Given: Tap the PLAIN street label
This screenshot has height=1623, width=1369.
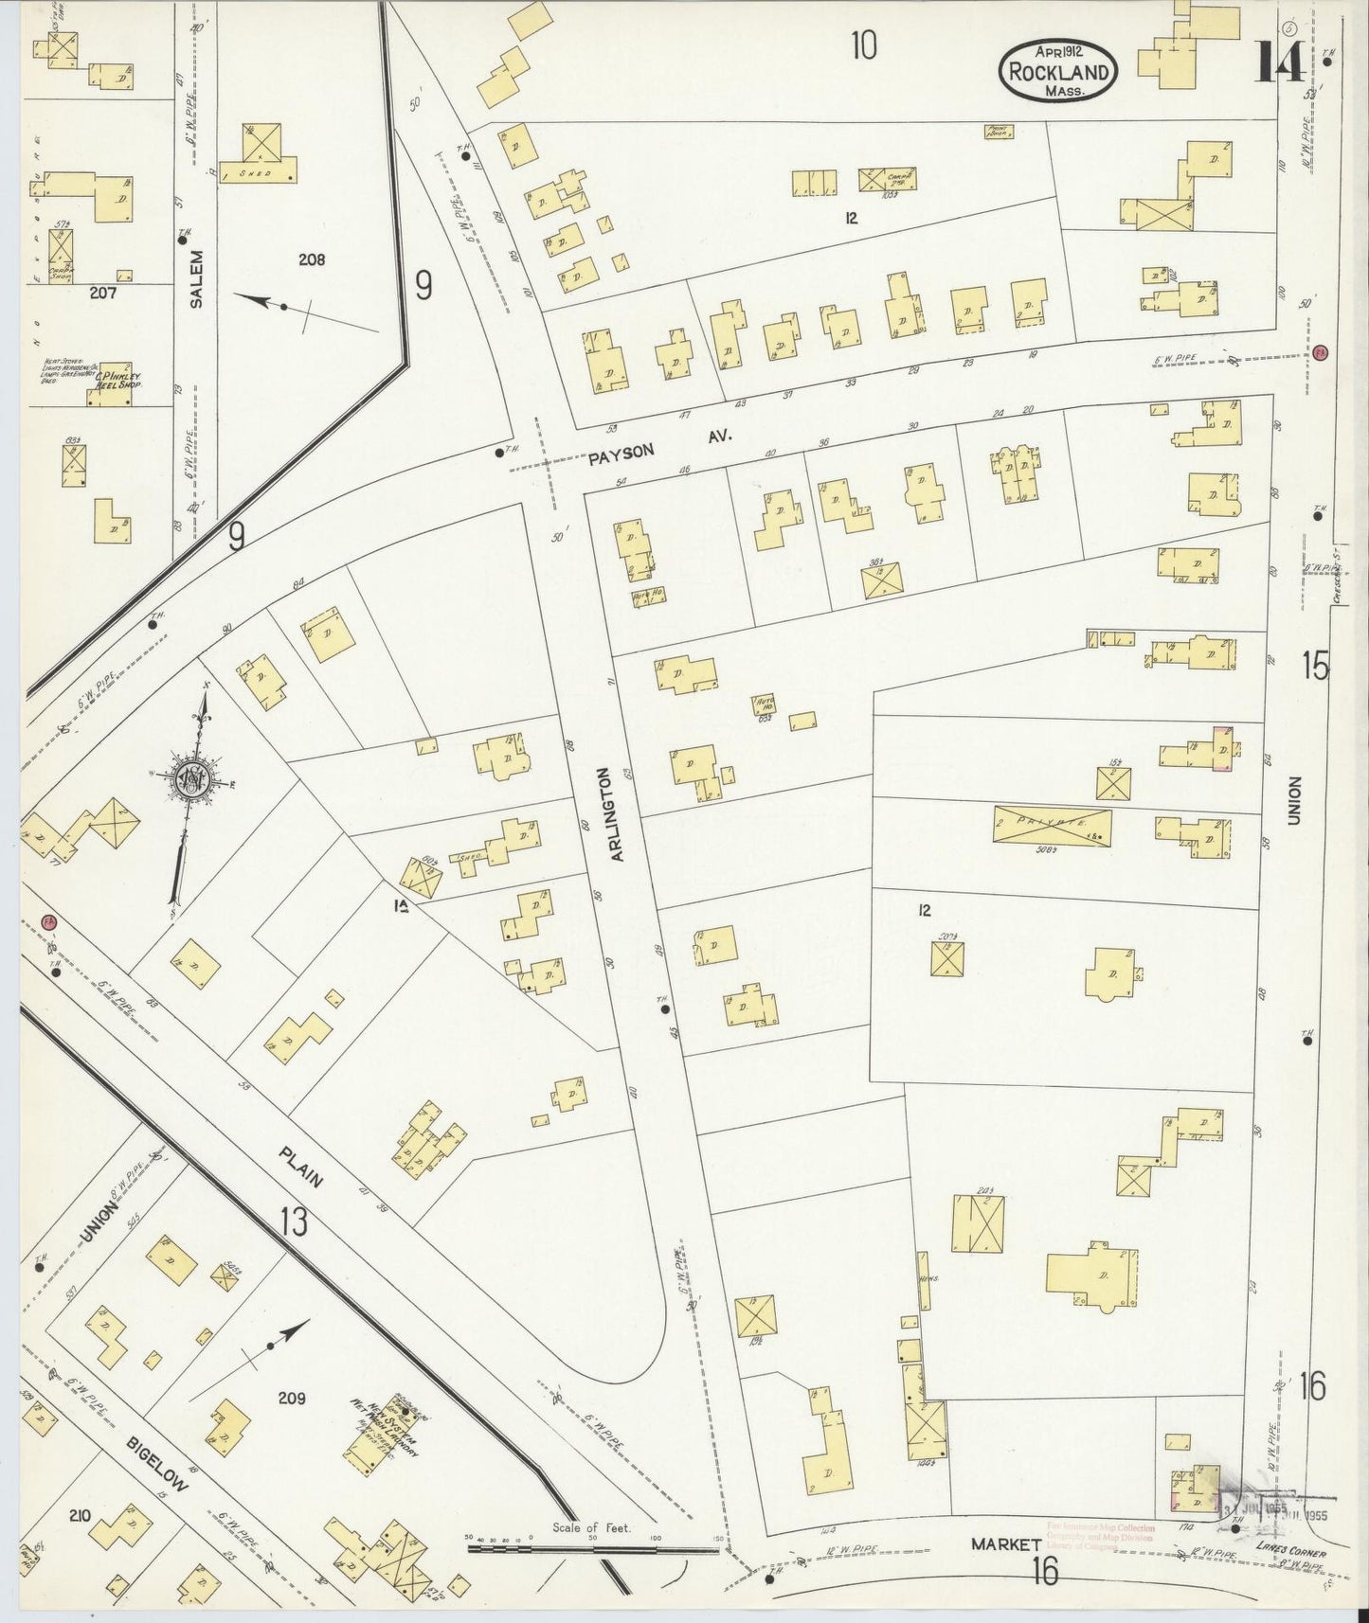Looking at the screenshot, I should [x=301, y=1167].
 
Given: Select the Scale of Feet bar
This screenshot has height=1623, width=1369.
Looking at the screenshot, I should [x=592, y=1550].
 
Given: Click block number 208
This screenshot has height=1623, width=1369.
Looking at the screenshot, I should [x=312, y=259].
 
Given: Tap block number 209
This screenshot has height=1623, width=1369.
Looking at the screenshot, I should [x=291, y=1398].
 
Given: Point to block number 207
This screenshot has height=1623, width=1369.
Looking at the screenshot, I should [x=102, y=293].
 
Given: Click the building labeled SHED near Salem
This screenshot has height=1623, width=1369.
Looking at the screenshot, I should [x=256, y=172].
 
